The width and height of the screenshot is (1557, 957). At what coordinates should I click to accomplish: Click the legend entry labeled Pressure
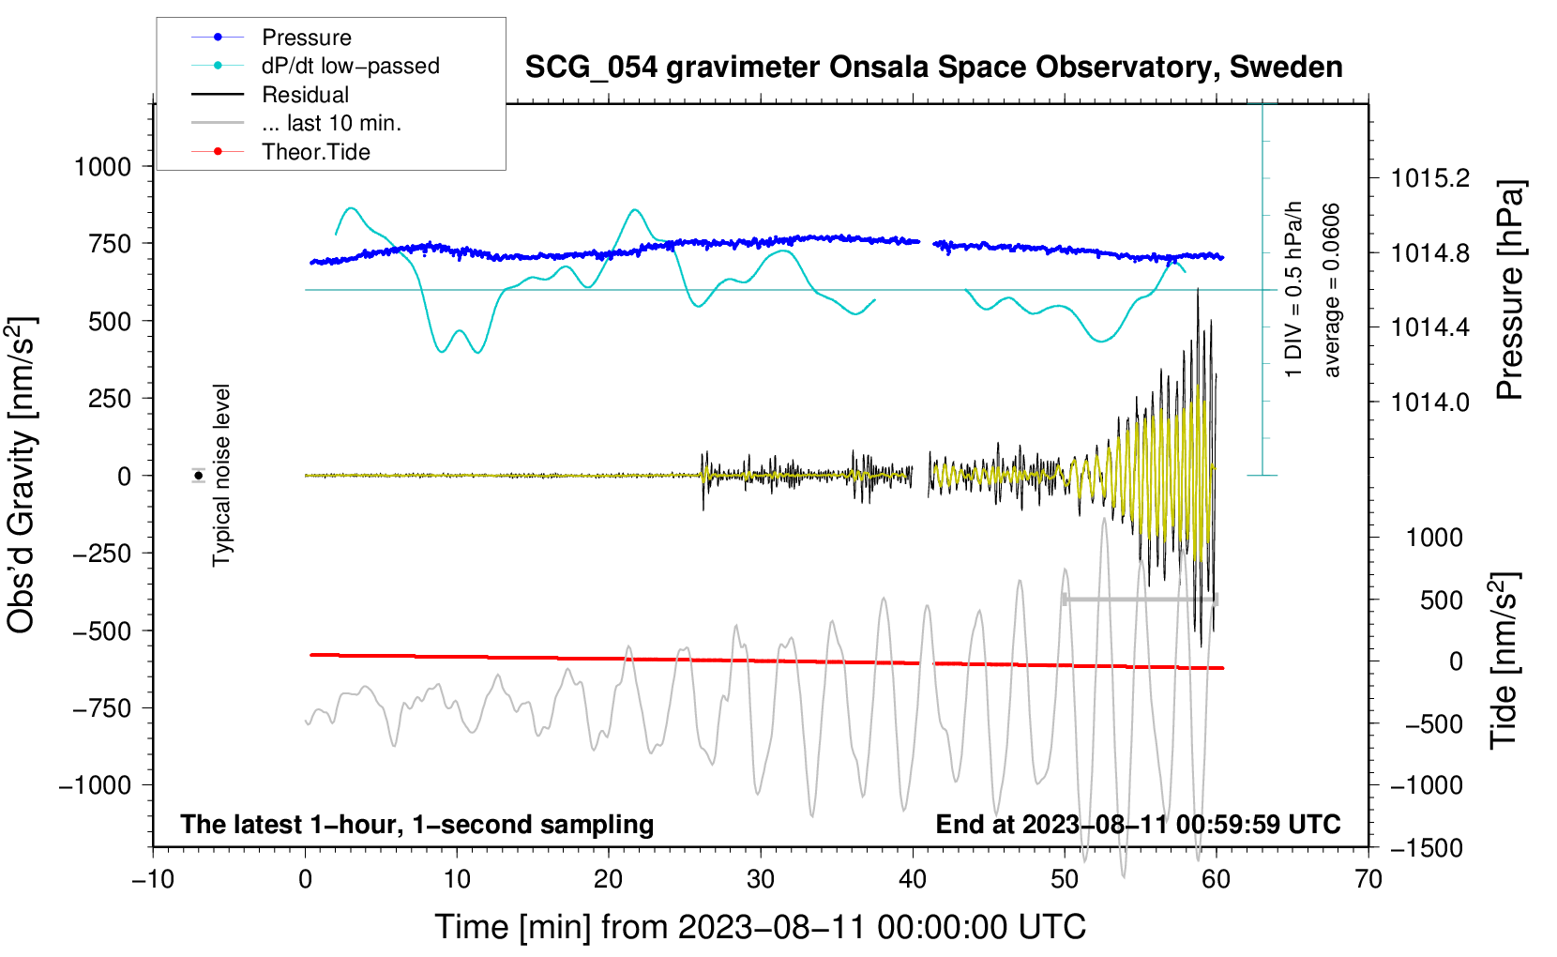(306, 38)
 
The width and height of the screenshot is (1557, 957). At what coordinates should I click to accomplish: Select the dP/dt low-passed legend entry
(350, 66)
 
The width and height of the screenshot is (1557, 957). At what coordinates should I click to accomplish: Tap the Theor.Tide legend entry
(315, 152)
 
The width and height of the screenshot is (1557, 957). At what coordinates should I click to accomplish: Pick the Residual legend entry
(305, 95)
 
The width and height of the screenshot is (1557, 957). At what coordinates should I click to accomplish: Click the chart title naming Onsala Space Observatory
(933, 68)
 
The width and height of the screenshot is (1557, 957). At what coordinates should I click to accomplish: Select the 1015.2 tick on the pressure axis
(1429, 178)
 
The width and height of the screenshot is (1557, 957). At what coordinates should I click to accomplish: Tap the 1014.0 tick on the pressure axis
(1429, 403)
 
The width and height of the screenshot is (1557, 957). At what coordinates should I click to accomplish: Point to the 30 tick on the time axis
(761, 880)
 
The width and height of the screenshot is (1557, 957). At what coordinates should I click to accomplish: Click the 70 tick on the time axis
(1368, 880)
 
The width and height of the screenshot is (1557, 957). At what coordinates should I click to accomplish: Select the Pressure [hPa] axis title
(1510, 291)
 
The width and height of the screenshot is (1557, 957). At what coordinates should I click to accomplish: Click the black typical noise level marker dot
(199, 476)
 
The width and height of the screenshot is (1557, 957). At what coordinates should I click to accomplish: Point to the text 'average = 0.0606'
(1332, 290)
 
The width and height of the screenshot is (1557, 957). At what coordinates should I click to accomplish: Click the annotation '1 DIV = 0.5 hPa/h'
(1294, 290)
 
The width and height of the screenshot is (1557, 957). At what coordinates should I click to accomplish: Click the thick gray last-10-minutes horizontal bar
(1140, 600)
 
